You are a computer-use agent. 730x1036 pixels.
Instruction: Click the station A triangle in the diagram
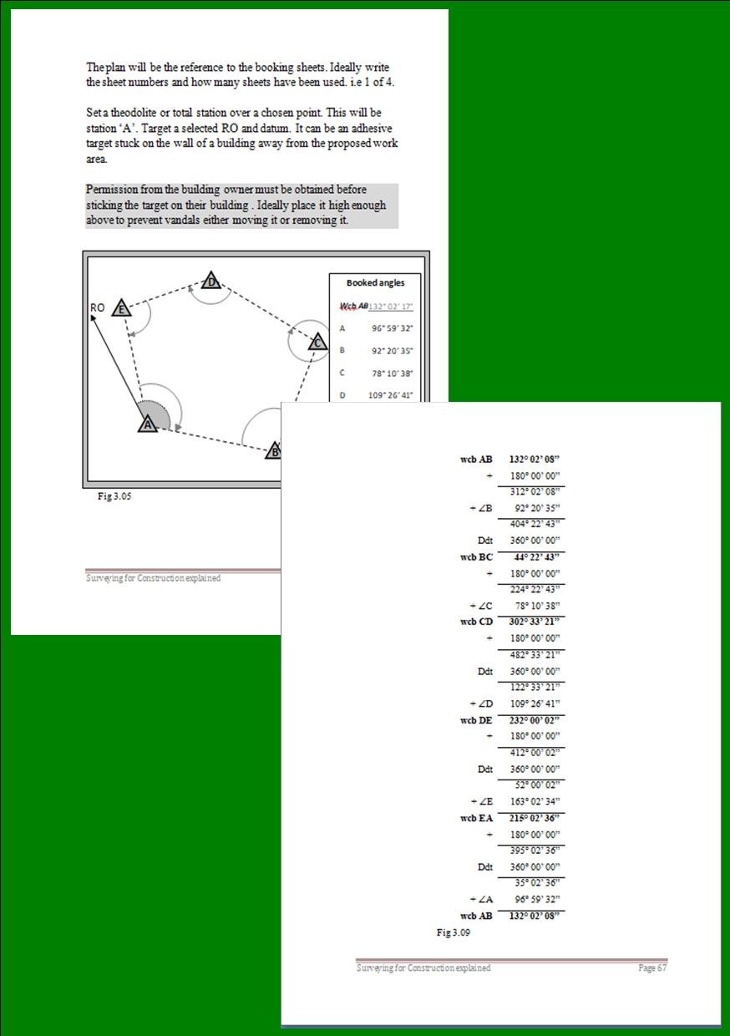point(148,424)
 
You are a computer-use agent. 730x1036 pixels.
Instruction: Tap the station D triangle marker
point(212,282)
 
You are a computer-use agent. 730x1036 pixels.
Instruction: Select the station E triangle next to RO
point(121,309)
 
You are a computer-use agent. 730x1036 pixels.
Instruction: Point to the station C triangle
point(317,342)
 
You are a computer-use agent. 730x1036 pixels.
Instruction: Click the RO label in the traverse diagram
point(97,307)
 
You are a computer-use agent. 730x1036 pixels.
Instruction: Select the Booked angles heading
point(375,283)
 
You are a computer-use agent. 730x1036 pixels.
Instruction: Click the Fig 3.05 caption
point(114,496)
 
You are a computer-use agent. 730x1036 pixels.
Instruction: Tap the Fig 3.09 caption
point(453,932)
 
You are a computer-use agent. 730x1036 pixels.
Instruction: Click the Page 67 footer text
point(652,967)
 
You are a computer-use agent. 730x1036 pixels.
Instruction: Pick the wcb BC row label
point(476,557)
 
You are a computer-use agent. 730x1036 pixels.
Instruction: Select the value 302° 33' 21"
point(534,622)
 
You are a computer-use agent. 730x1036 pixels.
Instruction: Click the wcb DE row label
point(476,720)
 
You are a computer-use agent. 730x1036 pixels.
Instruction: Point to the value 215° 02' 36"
point(534,818)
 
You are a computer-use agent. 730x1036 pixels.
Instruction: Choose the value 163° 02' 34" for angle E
point(534,802)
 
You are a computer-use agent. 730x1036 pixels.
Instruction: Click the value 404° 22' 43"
point(534,525)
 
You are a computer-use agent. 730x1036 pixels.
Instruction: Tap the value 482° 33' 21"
point(534,655)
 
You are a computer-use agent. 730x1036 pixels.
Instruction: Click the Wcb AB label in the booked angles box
point(354,307)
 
